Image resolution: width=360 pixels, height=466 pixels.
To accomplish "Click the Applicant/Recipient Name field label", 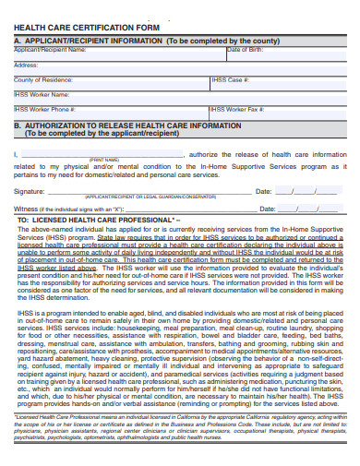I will click(x=50, y=50).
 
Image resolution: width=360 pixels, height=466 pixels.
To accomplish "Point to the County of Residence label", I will click(x=42, y=80).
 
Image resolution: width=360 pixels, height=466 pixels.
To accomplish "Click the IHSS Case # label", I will click(x=232, y=80).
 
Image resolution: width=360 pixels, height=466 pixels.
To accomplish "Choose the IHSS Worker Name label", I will click(x=42, y=94).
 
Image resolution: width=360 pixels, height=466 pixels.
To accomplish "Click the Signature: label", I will click(x=30, y=191).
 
